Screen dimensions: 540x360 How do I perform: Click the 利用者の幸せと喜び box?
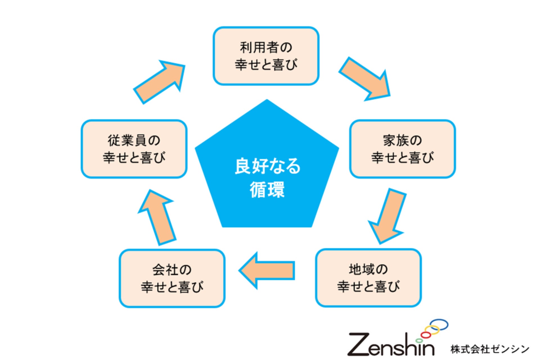click(x=266, y=56)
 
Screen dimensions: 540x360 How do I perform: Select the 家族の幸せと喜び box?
click(x=402, y=149)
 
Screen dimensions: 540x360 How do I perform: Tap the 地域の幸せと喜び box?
click(x=368, y=278)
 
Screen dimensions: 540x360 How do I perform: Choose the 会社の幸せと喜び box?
click(x=172, y=278)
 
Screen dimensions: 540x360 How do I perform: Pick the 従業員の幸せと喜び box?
click(x=134, y=149)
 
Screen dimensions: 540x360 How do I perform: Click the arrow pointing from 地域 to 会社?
click(x=267, y=270)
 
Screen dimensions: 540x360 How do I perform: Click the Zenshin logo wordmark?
click(x=391, y=345)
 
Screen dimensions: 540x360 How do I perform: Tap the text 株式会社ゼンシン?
click(x=490, y=349)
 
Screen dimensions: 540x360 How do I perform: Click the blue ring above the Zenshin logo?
click(x=439, y=324)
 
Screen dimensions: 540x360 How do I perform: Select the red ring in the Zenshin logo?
click(x=426, y=335)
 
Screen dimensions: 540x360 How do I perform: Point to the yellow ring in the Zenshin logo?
click(x=432, y=330)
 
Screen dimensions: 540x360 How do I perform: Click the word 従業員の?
click(x=134, y=140)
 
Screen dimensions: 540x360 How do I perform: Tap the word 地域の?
click(x=368, y=269)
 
